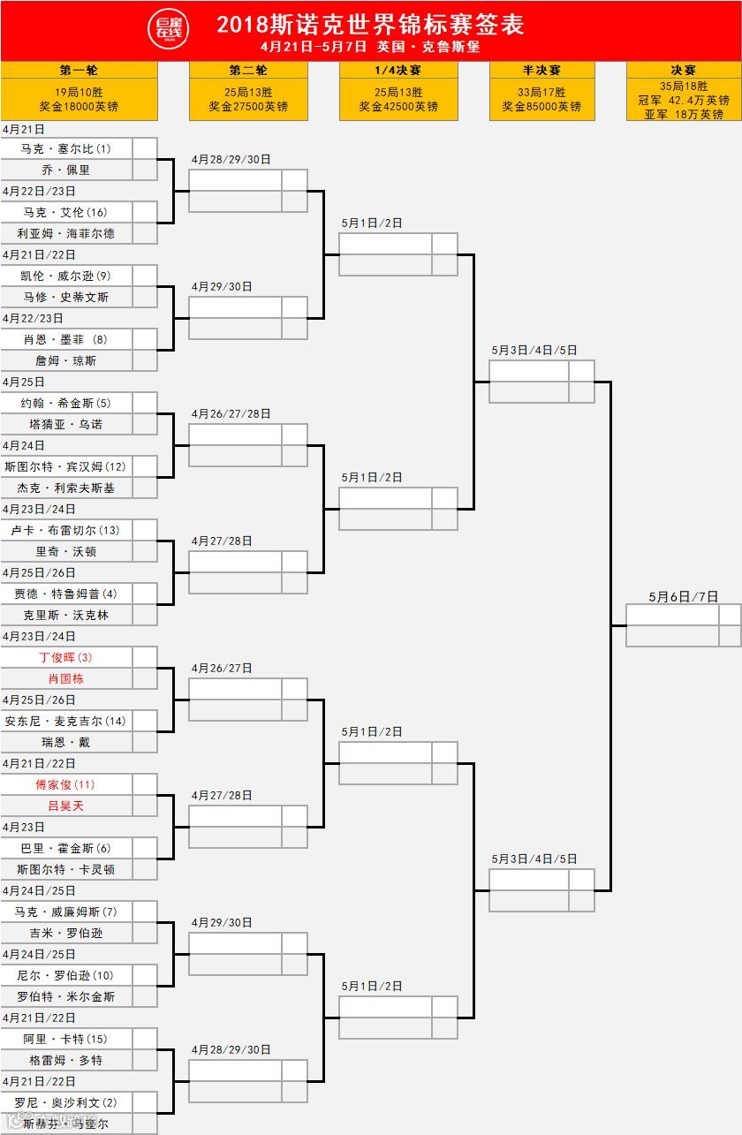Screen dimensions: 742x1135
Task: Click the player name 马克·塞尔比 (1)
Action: tap(66, 148)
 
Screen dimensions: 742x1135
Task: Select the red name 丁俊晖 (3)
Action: tap(66, 657)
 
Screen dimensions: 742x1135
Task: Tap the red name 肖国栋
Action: tap(66, 678)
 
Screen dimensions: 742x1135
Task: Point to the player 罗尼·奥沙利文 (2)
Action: tap(66, 1102)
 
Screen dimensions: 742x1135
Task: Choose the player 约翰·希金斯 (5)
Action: tap(66, 403)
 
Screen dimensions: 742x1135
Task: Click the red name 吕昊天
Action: tap(66, 806)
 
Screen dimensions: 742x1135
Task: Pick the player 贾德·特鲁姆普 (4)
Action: tap(66, 594)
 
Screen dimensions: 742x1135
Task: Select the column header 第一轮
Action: tap(79, 71)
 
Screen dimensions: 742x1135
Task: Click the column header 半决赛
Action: tap(542, 71)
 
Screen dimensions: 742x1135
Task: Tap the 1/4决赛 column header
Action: tap(398, 71)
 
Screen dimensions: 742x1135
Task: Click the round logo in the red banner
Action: tap(168, 29)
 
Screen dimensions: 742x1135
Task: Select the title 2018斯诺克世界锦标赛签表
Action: tap(370, 24)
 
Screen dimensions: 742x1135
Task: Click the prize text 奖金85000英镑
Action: tap(542, 107)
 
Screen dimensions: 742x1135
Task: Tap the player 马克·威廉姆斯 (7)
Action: tap(66, 912)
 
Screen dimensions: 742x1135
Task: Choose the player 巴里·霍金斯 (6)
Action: tap(66, 848)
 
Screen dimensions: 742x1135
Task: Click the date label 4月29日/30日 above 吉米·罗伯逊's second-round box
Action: tap(222, 923)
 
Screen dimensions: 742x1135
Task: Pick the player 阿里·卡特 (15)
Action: tap(66, 1039)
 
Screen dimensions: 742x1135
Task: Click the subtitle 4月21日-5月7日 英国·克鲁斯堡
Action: tap(370, 47)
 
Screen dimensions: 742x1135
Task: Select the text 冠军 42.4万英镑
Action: tap(684, 101)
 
